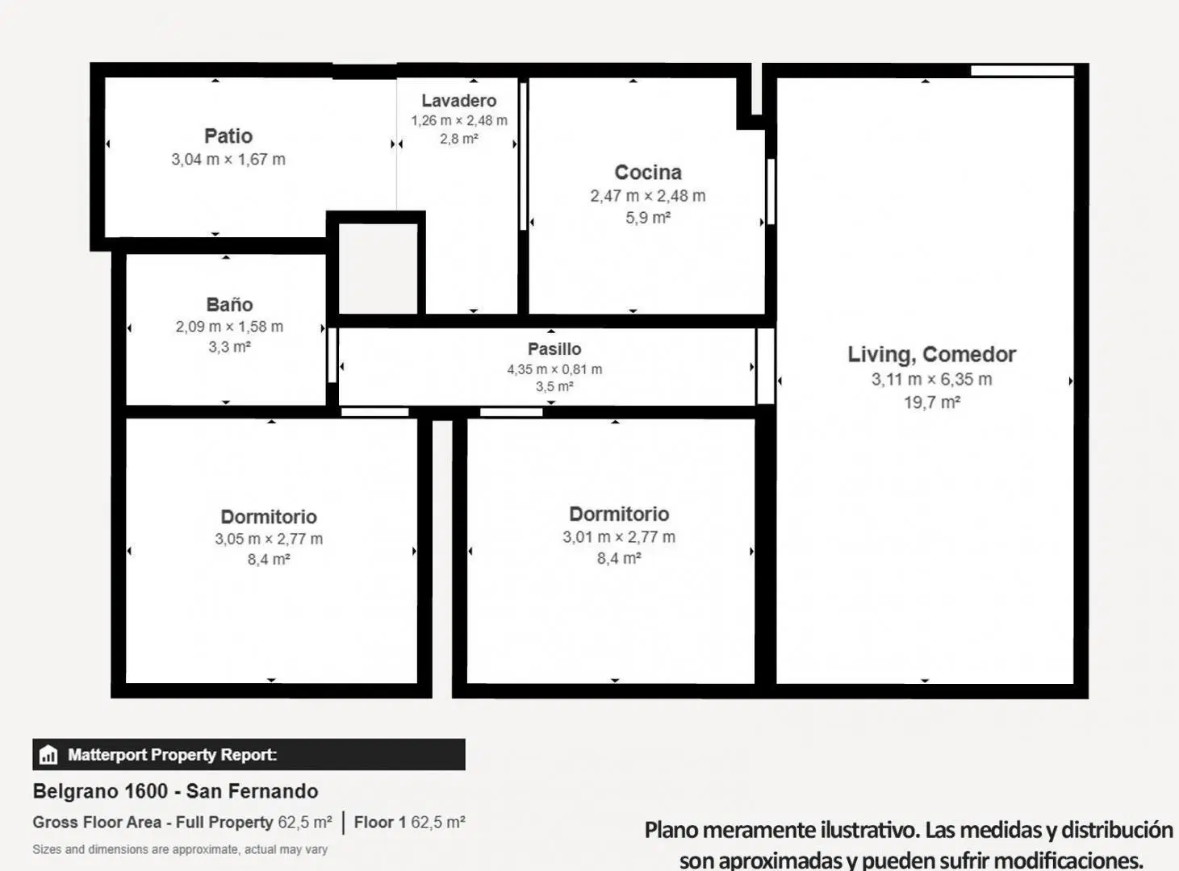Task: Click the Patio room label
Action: tap(228, 136)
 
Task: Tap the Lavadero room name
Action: tap(458, 101)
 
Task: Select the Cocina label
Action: tap(648, 172)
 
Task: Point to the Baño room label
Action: tap(229, 304)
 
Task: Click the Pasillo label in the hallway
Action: tap(554, 349)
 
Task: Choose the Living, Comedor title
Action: tap(932, 355)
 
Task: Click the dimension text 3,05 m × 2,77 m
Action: tap(269, 539)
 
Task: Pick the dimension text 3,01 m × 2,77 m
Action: tap(619, 537)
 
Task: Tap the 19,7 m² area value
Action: tap(932, 402)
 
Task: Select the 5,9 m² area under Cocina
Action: tap(647, 218)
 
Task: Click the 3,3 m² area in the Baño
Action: tap(229, 347)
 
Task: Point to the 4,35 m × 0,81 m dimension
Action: tap(554, 369)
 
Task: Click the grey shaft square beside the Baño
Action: tap(378, 269)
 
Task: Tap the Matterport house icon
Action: tap(48, 754)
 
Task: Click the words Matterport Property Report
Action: tap(172, 755)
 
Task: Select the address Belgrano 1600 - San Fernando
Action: tap(175, 791)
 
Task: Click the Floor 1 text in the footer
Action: tap(380, 822)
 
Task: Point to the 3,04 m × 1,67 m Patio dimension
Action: tap(228, 160)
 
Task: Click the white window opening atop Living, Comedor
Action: tap(1022, 71)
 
